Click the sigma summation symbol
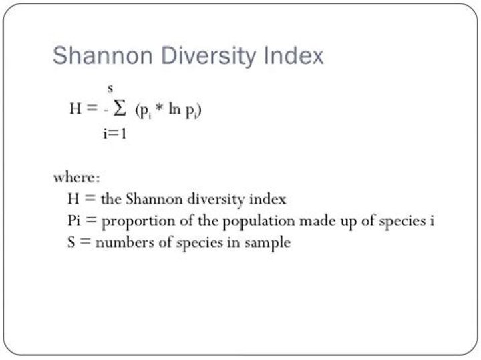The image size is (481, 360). [120, 110]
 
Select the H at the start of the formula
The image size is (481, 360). [75, 110]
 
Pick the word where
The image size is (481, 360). [76, 178]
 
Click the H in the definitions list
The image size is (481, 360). [73, 199]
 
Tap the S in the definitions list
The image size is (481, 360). [71, 242]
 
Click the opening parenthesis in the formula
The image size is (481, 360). [137, 110]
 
